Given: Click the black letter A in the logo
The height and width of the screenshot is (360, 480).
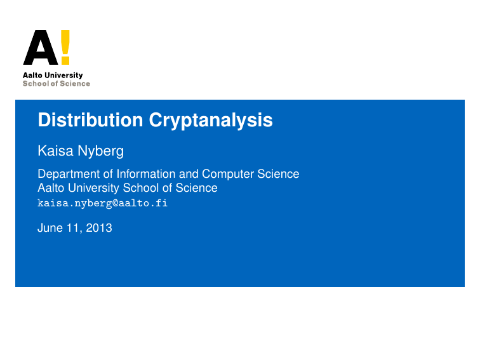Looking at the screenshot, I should point(39,49).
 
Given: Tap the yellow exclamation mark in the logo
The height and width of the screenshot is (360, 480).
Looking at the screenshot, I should point(65,47).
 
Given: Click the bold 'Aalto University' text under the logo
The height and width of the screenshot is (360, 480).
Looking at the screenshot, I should point(53,76).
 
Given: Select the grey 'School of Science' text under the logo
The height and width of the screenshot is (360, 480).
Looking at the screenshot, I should point(57,84).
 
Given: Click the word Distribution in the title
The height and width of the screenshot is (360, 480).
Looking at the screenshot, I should point(90,120).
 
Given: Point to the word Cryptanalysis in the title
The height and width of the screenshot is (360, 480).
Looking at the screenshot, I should point(211,121).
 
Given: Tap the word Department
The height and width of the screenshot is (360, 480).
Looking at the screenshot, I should point(68,174).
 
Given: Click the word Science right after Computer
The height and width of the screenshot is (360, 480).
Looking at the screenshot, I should point(279,174).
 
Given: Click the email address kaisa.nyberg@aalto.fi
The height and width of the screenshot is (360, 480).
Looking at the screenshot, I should point(102,203).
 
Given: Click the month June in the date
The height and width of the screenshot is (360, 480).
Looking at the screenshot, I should point(50,228).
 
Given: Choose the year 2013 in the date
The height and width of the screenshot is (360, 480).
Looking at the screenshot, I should point(99,228).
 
